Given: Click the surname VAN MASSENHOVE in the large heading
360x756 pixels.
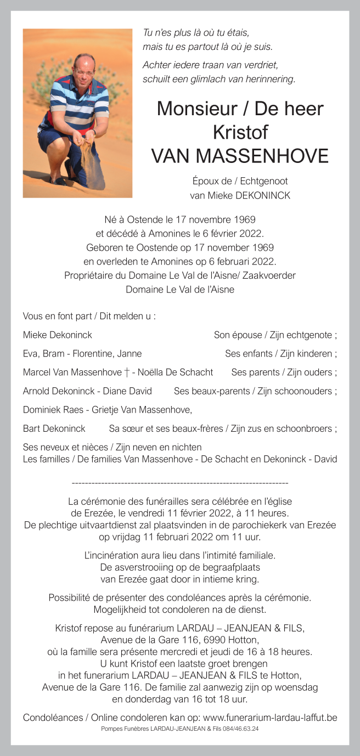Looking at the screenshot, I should pos(240,156).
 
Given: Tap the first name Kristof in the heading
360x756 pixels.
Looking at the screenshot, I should pos(240,132).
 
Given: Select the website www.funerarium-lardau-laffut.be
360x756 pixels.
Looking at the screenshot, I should pos(270,717).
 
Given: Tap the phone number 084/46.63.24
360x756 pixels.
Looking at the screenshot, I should pos(239,729).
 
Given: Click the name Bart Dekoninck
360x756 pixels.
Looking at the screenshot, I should pos(54,428).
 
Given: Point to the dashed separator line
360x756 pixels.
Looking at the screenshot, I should pos(180,483).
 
